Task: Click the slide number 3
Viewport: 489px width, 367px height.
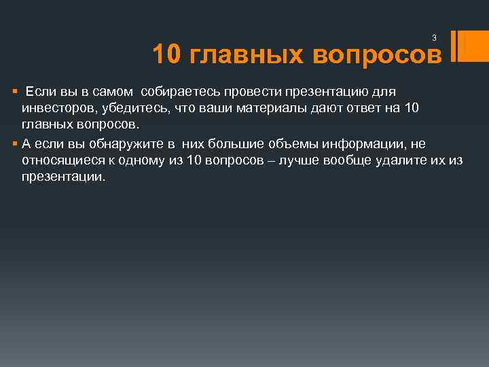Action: (434, 38)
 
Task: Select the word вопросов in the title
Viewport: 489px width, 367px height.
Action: (377, 55)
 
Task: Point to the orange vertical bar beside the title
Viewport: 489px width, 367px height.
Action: (462, 46)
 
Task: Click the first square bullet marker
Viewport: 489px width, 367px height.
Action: (14, 92)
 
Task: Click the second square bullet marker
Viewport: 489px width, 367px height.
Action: (14, 143)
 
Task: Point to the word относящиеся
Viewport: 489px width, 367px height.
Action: (56, 160)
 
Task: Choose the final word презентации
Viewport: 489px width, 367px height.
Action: (63, 177)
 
